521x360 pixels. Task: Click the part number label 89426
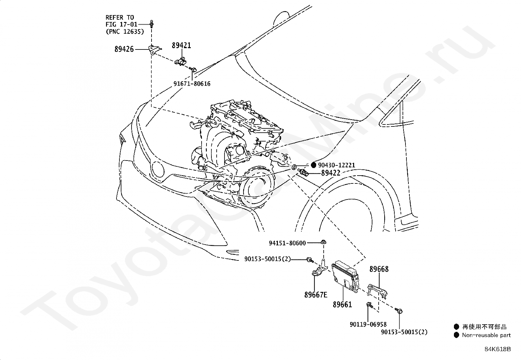(124, 49)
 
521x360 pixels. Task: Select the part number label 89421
(181, 46)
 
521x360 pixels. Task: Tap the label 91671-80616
(192, 84)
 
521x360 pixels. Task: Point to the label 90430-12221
(336, 165)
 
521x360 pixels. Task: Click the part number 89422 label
(331, 173)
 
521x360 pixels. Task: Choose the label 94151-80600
(287, 243)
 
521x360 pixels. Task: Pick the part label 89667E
(316, 295)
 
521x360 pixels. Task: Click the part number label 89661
(342, 304)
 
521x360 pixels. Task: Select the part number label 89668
(379, 269)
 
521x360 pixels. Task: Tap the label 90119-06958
(368, 324)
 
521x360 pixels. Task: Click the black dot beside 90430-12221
(314, 165)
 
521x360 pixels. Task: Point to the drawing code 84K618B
(498, 349)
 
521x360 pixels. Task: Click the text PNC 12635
(125, 31)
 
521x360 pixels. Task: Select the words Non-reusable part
(486, 335)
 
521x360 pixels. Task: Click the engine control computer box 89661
(345, 276)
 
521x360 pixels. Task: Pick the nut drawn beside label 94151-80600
(323, 242)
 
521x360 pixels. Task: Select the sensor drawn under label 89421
(181, 62)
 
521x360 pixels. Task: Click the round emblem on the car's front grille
(158, 170)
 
